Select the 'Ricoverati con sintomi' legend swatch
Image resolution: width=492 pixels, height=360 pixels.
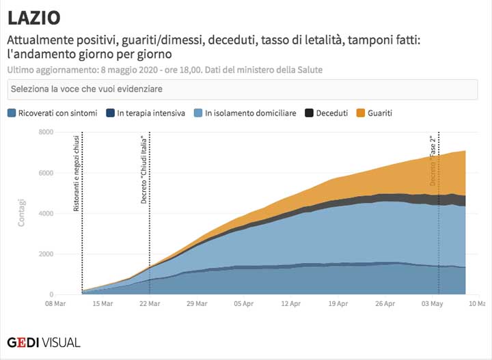tap(12, 113)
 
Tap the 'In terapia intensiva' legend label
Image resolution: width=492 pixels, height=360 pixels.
tap(150, 113)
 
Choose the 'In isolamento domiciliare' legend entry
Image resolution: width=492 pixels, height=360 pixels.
tap(250, 113)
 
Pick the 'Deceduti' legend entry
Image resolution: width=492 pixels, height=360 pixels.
tap(331, 113)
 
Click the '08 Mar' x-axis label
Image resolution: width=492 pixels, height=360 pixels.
tap(56, 303)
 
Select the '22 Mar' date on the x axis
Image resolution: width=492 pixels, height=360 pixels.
tap(150, 303)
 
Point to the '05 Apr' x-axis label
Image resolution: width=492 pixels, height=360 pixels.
tap(244, 303)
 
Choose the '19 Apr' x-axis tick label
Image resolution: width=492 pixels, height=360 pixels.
tap(338, 303)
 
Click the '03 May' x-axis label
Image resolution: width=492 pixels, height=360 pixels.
tap(432, 303)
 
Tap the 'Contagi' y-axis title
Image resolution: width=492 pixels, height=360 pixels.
tap(23, 212)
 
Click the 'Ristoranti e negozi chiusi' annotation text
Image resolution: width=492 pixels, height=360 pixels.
tap(77, 174)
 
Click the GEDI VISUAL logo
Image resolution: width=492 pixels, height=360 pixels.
tap(44, 342)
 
